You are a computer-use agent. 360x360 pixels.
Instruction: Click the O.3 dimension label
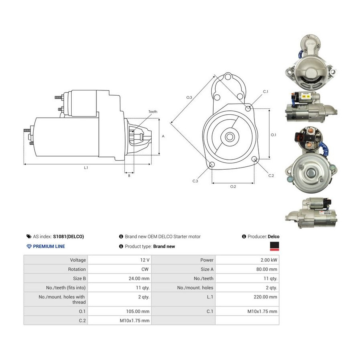(x=189, y=97)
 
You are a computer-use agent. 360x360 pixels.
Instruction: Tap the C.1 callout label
(x=266, y=91)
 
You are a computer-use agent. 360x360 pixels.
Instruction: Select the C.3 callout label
(x=195, y=181)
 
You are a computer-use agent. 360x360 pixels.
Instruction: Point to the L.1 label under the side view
(x=86, y=168)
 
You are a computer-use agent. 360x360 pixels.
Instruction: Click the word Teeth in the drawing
(x=153, y=112)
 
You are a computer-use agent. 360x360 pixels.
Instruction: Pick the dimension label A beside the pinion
(x=163, y=136)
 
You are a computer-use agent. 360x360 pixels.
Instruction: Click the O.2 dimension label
(x=233, y=187)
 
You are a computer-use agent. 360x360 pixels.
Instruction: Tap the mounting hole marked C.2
(x=254, y=159)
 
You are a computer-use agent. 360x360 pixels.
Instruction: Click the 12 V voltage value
(x=145, y=260)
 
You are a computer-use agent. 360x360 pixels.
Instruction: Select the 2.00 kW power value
(x=269, y=260)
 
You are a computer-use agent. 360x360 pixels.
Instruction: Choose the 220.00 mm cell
(x=266, y=297)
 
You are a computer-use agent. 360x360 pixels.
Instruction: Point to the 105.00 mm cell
(x=138, y=311)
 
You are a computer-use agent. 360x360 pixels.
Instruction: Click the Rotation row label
(x=77, y=269)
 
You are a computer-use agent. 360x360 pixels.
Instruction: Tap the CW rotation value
(x=145, y=269)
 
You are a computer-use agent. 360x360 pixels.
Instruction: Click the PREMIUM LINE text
(x=49, y=246)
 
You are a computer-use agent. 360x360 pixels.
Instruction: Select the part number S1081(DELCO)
(x=68, y=236)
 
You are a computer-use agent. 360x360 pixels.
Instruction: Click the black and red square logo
(x=274, y=246)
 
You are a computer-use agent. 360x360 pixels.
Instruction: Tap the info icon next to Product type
(x=121, y=246)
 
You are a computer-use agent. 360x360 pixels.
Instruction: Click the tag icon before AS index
(x=29, y=236)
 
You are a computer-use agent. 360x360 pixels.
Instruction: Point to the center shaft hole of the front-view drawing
(x=229, y=137)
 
